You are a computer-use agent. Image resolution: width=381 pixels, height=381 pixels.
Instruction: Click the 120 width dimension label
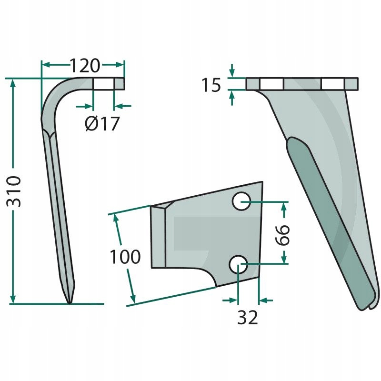click(x=85, y=66)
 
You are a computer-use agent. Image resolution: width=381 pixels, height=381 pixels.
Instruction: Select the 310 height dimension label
click(x=14, y=191)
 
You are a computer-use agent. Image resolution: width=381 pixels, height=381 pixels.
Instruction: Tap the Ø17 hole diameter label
click(x=102, y=123)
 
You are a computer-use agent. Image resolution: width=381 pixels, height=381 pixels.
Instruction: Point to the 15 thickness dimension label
click(x=211, y=85)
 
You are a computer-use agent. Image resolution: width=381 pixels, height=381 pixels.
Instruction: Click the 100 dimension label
click(x=125, y=257)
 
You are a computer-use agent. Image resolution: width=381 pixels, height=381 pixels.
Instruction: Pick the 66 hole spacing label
click(x=282, y=235)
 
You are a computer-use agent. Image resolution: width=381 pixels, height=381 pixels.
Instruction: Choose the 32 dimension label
click(x=247, y=317)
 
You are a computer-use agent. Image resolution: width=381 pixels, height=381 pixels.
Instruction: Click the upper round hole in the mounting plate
click(x=241, y=201)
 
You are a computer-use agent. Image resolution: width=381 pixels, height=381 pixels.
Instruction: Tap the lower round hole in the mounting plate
click(x=239, y=264)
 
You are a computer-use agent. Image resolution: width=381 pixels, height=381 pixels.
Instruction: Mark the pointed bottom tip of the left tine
click(x=70, y=302)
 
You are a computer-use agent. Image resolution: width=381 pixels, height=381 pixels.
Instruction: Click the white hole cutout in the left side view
click(x=103, y=84)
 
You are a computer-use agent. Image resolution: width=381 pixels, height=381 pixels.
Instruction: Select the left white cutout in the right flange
click(x=271, y=84)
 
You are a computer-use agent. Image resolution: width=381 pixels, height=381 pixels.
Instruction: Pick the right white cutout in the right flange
click(x=333, y=84)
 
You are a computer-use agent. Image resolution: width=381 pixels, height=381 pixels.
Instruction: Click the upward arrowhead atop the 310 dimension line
click(x=13, y=83)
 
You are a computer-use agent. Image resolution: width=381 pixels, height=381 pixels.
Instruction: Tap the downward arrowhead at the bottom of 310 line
click(x=13, y=299)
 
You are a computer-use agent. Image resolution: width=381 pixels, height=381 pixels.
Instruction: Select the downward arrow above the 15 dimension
click(x=232, y=70)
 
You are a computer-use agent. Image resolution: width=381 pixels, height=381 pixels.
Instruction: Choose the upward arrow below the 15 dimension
click(x=232, y=98)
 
